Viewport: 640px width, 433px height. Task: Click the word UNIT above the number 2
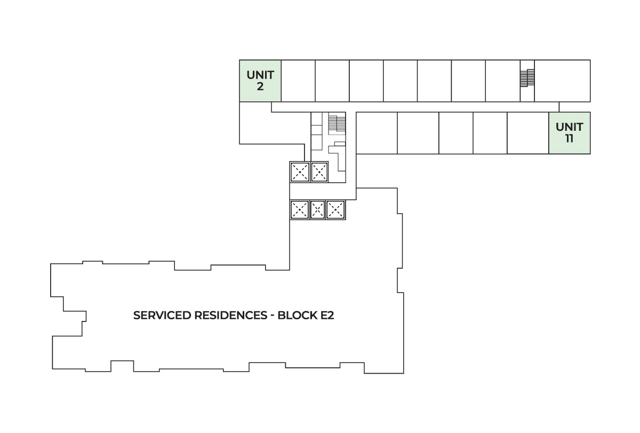[x=260, y=75]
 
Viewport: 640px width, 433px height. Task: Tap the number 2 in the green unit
[x=260, y=86]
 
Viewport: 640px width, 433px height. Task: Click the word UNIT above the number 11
[x=569, y=127]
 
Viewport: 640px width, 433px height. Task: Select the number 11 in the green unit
[x=569, y=138]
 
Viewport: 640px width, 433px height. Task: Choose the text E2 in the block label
[x=326, y=315]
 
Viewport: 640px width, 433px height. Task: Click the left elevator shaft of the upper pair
[x=299, y=172]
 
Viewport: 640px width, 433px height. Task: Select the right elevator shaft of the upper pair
[x=319, y=172]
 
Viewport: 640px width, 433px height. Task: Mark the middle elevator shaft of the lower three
[x=317, y=209]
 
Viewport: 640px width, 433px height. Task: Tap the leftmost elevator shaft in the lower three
[x=299, y=209]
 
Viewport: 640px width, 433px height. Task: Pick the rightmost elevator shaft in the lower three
[x=335, y=209]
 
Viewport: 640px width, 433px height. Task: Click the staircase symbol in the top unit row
[x=527, y=78]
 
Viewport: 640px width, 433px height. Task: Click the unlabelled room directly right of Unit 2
[x=298, y=81]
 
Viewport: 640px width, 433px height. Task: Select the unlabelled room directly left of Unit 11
[x=527, y=133]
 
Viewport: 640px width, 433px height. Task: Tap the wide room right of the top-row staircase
[x=562, y=81]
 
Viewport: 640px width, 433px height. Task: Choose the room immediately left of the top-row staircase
[x=502, y=81]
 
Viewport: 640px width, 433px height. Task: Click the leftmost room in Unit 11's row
[x=377, y=133]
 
